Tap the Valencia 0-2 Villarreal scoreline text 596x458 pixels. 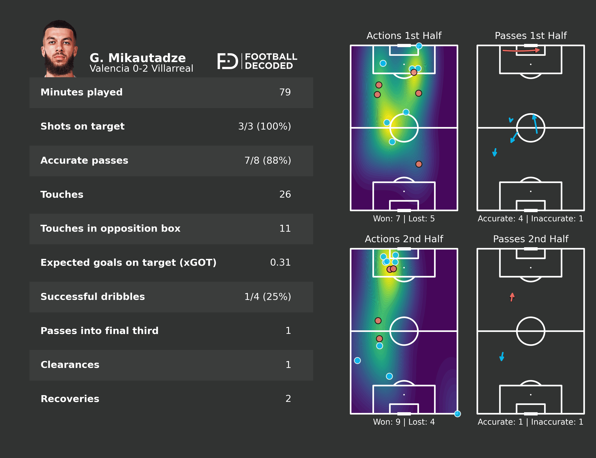pos(141,68)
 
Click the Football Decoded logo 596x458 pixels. pos(257,61)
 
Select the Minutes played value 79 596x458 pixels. pos(285,92)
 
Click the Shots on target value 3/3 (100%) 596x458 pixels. pos(264,126)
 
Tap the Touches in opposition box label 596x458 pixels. pos(110,228)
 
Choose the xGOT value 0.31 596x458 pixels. pos(280,262)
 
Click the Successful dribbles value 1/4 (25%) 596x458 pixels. pos(267,297)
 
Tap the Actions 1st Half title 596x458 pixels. pos(404,36)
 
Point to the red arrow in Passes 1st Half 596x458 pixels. pos(521,50)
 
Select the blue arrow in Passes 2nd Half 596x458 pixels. pos(502,356)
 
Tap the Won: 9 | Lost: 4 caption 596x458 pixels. pos(404,422)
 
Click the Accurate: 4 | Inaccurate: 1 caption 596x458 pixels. pos(530,219)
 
